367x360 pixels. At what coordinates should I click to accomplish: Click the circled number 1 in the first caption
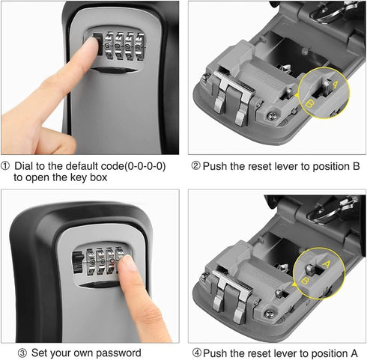(7, 165)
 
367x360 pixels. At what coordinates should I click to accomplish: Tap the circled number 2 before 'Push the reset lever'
(195, 165)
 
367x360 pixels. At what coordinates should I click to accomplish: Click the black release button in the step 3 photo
(74, 263)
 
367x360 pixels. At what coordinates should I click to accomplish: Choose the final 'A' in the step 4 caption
(345, 353)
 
